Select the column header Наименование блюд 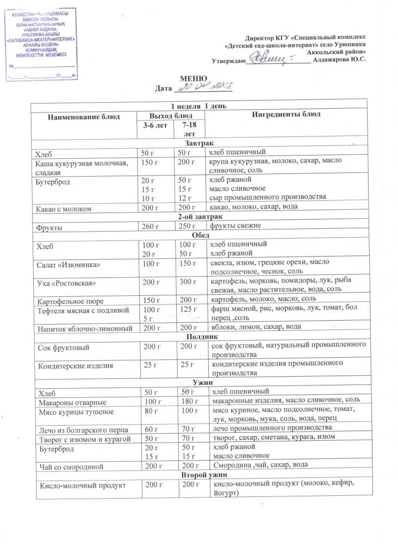(x=83, y=116)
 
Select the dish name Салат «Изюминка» (x=67, y=264)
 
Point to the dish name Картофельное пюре (x=70, y=300)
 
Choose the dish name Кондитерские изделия (x=74, y=365)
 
